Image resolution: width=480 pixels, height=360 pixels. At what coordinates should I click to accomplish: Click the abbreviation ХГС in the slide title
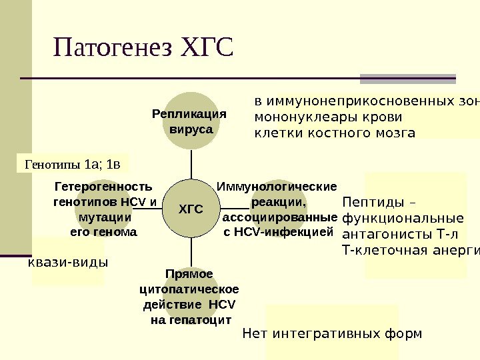[207, 48]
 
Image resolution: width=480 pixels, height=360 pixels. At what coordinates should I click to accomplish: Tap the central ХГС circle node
[191, 210]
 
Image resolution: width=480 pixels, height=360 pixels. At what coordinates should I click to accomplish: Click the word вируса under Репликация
[191, 128]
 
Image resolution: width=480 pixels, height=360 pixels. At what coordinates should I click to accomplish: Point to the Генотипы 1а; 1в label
[73, 163]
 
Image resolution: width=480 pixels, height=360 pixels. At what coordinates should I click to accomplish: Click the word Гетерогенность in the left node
[103, 186]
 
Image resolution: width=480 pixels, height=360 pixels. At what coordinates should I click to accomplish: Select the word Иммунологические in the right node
[277, 186]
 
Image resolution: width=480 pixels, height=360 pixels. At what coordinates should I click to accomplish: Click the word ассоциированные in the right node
[279, 217]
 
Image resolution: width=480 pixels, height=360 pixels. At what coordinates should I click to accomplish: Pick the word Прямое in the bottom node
[189, 274]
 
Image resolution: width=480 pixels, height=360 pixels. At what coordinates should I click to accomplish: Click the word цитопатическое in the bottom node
[189, 289]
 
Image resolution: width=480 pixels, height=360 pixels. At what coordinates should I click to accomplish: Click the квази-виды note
[67, 262]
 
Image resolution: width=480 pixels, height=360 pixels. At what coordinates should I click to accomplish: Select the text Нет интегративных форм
[332, 333]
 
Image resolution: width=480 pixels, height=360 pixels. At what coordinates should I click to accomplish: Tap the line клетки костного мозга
[335, 133]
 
